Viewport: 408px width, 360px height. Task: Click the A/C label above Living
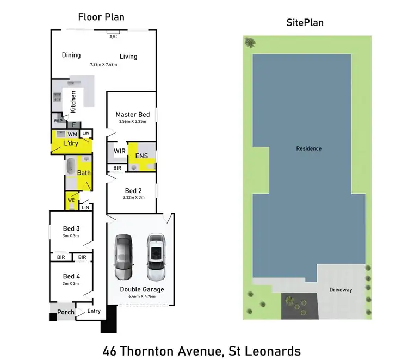pos(113,36)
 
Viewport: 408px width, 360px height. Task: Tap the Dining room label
pos(71,55)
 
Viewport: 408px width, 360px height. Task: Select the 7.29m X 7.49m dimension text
pos(103,64)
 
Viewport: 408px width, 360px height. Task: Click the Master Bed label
pos(132,114)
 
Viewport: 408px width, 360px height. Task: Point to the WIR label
pos(120,151)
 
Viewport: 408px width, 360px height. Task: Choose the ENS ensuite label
pos(141,156)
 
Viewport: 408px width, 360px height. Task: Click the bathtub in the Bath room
pos(71,167)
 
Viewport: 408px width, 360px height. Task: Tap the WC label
pos(71,200)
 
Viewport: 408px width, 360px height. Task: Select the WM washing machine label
pos(72,134)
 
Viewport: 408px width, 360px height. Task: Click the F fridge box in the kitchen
pos(76,125)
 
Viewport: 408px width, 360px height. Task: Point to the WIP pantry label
pos(58,120)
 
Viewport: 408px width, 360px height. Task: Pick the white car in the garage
pos(156,255)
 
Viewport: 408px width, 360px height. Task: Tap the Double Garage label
pos(141,289)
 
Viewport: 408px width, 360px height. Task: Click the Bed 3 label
pos(71,228)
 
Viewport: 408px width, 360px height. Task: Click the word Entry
pos(94,311)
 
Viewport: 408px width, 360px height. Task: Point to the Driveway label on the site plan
pos(341,290)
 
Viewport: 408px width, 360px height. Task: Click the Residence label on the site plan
pos(308,148)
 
